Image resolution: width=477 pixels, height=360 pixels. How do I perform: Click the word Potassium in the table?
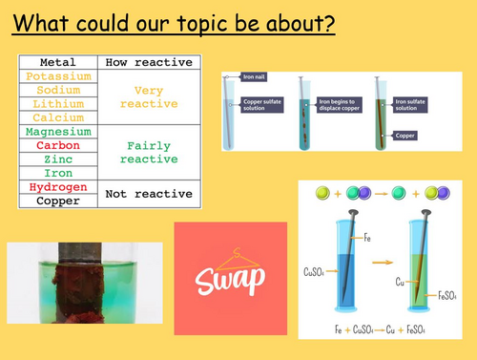click(x=60, y=75)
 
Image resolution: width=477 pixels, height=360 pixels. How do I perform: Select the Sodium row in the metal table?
click(x=60, y=90)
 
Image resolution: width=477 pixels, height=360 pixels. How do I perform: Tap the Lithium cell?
click(x=60, y=103)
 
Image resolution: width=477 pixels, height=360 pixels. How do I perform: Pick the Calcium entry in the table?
click(x=60, y=117)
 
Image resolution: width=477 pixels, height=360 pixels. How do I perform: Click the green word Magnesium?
click(x=60, y=132)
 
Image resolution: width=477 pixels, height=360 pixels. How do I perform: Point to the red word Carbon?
click(x=60, y=145)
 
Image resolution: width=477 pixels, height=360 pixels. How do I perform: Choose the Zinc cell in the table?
click(x=60, y=159)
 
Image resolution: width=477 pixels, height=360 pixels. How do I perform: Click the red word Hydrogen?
click(x=60, y=187)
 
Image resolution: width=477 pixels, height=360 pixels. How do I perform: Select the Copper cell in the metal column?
click(x=60, y=201)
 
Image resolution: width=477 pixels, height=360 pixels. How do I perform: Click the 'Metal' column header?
click(x=60, y=61)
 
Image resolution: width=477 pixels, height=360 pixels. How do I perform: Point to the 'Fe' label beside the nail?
click(x=367, y=238)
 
